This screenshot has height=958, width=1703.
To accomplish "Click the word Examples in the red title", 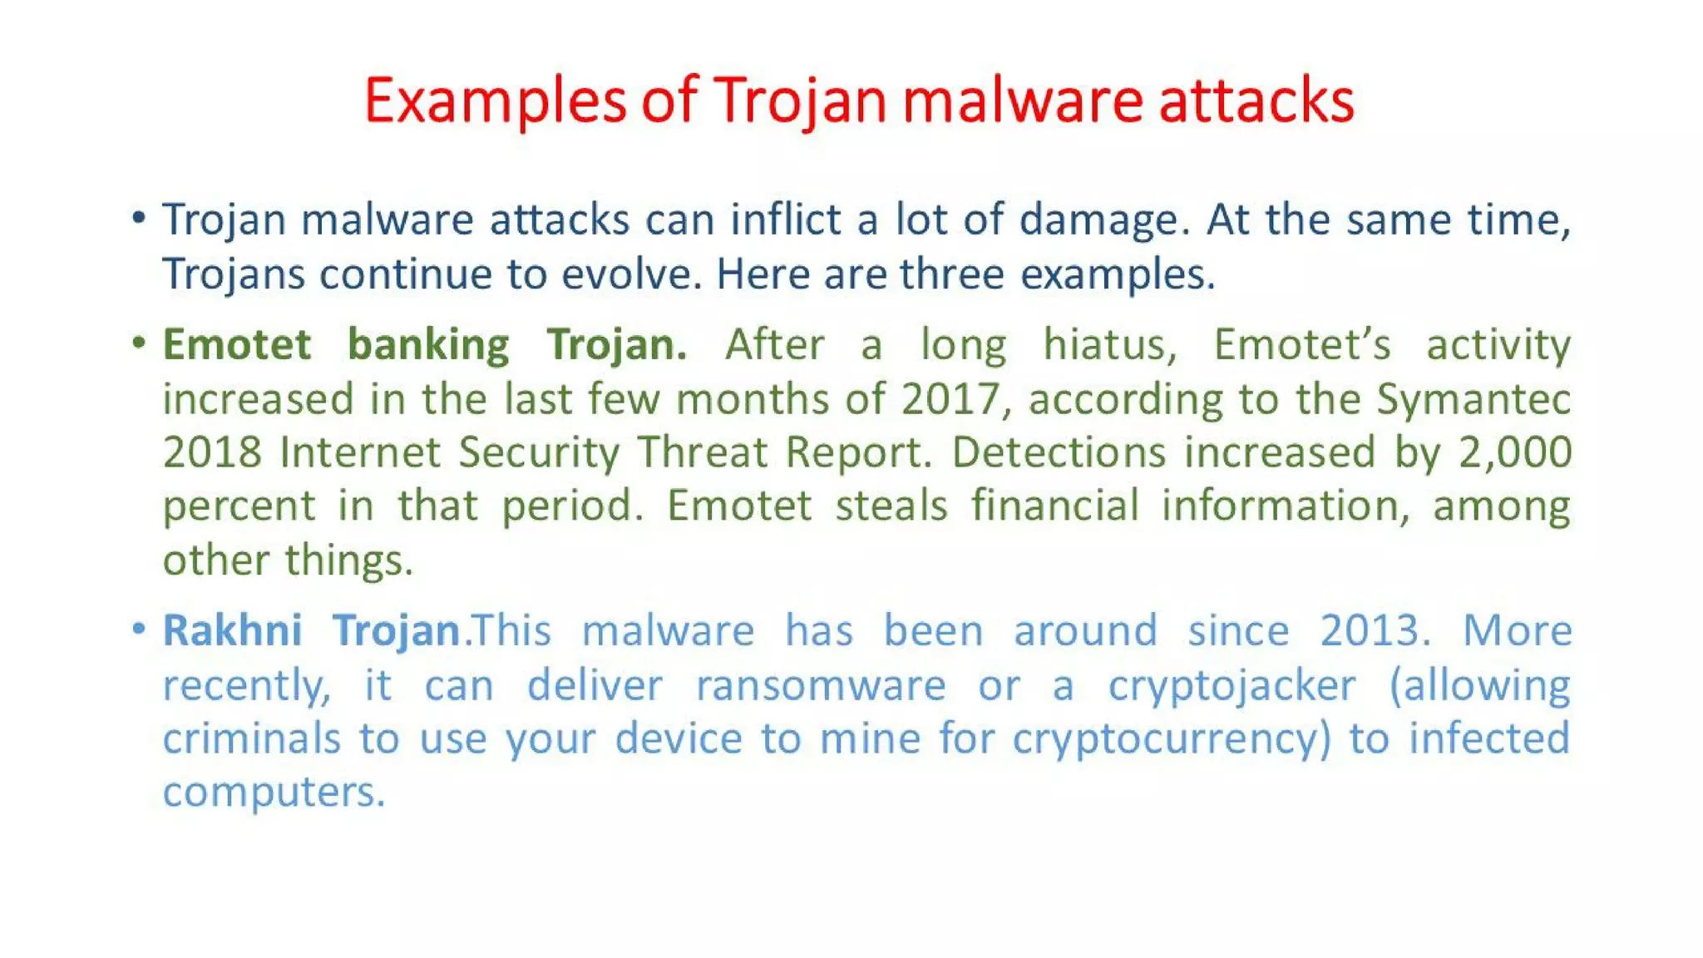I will coord(494,101).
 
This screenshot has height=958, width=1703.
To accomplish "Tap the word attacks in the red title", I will coord(1256,101).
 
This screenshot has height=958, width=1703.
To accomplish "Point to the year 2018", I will coord(212,453).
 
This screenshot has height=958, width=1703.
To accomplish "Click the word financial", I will coord(1054,506).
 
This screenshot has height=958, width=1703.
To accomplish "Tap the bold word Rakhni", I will coord(232,631).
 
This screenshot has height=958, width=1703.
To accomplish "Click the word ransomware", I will coord(821,686).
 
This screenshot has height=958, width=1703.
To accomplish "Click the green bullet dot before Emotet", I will coord(139,343).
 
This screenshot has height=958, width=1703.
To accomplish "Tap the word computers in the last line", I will coord(274,793).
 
